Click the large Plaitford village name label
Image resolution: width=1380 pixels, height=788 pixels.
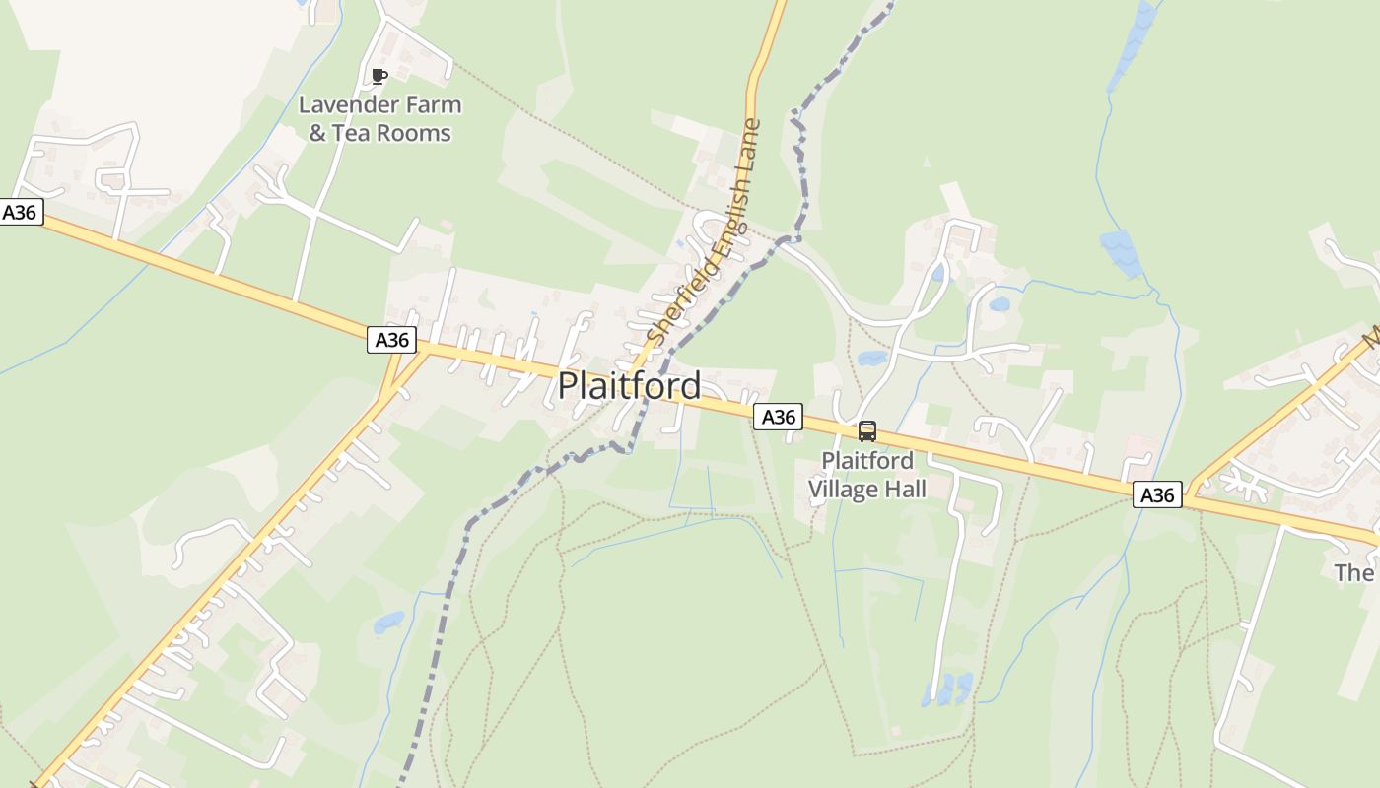(x=629, y=385)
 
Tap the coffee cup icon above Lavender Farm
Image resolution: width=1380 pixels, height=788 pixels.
(x=379, y=76)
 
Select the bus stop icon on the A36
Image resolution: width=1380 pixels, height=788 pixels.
(x=866, y=431)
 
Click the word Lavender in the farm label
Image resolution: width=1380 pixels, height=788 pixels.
(x=345, y=104)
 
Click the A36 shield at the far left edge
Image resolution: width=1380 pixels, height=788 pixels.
(x=22, y=212)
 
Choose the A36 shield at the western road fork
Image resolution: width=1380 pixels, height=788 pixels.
(x=392, y=340)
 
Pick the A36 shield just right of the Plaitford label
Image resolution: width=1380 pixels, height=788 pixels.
(x=778, y=417)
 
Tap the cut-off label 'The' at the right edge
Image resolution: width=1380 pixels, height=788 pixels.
(x=1354, y=572)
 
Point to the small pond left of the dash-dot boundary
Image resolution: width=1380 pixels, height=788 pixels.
(x=388, y=623)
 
